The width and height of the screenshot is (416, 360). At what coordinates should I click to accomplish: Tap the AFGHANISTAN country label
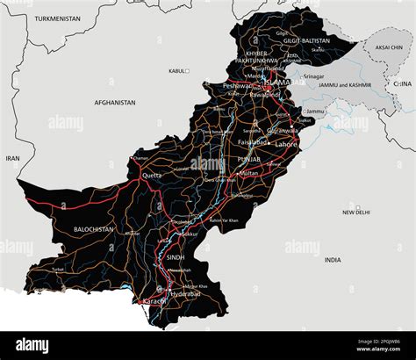coord(115,103)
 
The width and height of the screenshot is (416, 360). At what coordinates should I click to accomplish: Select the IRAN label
coord(12,158)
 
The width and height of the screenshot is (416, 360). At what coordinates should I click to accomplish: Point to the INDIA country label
coord(333,260)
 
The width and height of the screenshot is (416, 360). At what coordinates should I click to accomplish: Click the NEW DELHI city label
coord(355,212)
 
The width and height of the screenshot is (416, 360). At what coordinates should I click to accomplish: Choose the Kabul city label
coord(177,70)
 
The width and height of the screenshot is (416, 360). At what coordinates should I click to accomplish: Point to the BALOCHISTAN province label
coord(94,229)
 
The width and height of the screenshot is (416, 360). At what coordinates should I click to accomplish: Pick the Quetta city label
coord(152,175)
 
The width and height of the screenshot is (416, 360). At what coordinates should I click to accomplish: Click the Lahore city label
coord(286,142)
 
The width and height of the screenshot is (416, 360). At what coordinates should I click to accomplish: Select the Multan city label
coord(248,173)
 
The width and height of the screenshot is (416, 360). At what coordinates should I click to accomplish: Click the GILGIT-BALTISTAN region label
coord(305,40)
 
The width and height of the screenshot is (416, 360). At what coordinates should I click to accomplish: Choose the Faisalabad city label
coord(254,141)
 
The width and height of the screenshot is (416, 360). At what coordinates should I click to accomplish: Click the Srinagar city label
coord(315,76)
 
